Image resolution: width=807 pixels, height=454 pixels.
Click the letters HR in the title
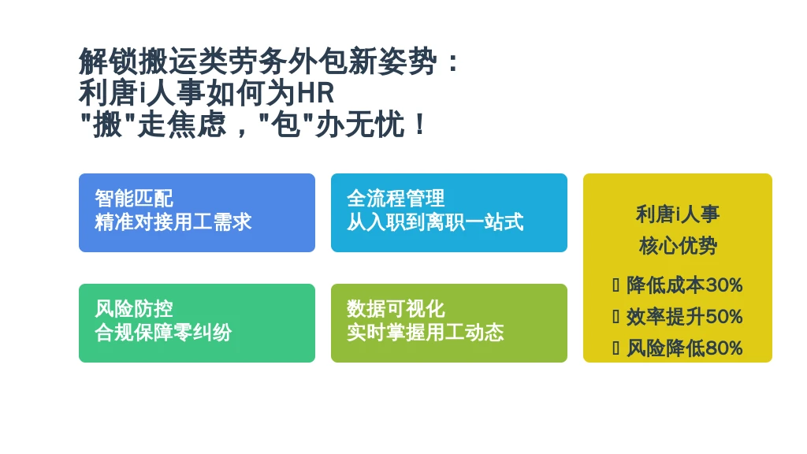(x=316, y=93)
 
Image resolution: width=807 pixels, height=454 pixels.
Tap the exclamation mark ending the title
(x=420, y=125)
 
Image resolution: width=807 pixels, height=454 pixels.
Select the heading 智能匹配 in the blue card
(x=134, y=198)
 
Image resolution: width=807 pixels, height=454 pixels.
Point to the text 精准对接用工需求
(x=173, y=221)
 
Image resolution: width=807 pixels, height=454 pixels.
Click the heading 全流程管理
(x=396, y=198)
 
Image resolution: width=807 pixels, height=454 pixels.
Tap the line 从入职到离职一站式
(x=435, y=221)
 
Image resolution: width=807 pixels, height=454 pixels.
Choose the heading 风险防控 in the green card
(x=134, y=308)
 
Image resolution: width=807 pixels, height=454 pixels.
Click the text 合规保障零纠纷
(x=163, y=332)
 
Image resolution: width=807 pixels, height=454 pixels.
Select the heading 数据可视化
(x=396, y=308)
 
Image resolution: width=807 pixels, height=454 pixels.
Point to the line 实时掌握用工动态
(x=425, y=332)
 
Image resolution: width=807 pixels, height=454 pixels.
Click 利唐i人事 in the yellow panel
(x=677, y=214)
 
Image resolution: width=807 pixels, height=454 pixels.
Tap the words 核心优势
(x=678, y=246)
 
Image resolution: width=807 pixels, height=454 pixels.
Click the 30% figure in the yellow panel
(x=723, y=285)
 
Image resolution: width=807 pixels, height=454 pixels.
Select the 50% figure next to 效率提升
(x=723, y=317)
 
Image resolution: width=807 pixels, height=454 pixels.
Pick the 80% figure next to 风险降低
(x=723, y=348)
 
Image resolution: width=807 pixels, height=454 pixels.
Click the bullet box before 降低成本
(x=615, y=285)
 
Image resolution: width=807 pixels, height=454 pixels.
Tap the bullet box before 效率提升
(x=615, y=317)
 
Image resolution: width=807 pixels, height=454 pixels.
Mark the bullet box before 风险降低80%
(x=615, y=348)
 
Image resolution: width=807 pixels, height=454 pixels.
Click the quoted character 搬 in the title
(x=107, y=125)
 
